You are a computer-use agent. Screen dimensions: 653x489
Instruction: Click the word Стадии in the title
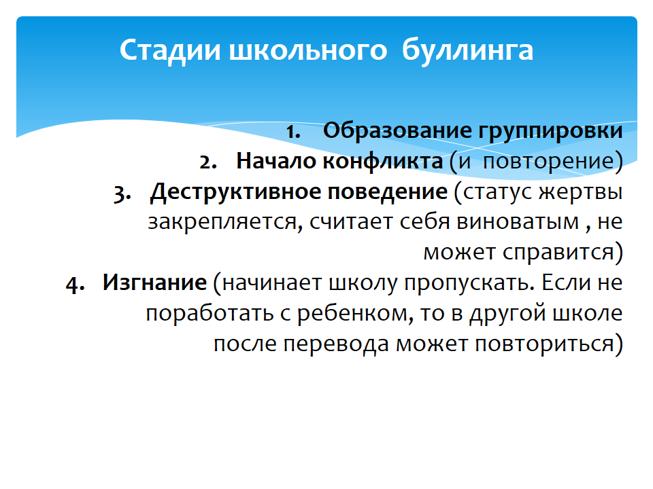pos(169,51)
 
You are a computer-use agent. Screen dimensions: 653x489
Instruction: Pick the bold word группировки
pos(550,131)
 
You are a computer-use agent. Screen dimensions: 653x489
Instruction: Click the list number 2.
pos(208,162)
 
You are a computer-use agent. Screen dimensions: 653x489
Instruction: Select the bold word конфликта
pos(383,161)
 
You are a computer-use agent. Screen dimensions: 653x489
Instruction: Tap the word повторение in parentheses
pos(548,162)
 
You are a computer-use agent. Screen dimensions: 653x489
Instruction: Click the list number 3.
pos(122,194)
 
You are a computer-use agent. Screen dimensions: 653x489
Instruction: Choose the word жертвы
pos(580,192)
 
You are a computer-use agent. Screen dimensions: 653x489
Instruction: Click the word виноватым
pos(518,221)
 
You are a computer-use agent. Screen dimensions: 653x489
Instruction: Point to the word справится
pos(558,253)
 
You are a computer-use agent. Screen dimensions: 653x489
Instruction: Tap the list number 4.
pos(75,285)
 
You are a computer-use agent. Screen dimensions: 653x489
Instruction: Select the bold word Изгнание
pos(154,283)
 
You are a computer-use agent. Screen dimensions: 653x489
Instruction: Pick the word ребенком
pos(355,314)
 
